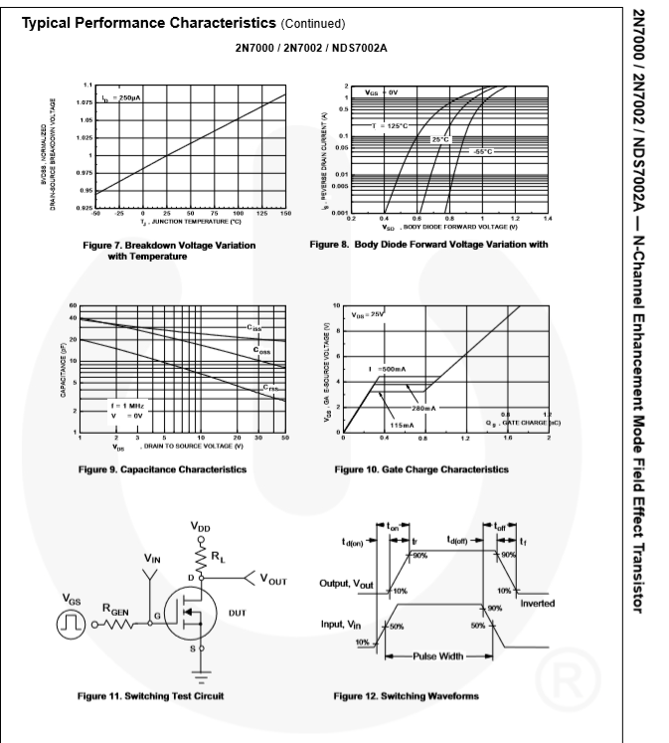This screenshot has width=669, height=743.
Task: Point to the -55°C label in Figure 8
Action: [x=482, y=151]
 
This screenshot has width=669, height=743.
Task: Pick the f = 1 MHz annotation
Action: [x=126, y=406]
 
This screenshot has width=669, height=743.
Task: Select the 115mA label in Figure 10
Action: [x=402, y=425]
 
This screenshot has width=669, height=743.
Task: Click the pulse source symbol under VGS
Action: [x=72, y=625]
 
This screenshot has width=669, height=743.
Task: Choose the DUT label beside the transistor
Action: [x=237, y=613]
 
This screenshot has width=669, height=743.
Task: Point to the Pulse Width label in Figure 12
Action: [x=438, y=656]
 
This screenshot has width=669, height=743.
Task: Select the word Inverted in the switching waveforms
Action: [x=537, y=604]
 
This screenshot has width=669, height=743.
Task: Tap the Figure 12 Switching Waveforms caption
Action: [x=406, y=696]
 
